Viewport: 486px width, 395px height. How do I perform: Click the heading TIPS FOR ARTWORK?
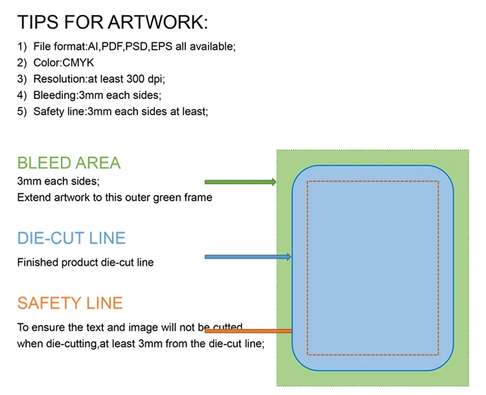point(113,22)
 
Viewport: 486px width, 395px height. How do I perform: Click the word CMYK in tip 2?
point(78,63)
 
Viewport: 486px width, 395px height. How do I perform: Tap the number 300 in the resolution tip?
point(135,79)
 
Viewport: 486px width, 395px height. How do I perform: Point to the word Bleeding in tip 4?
point(55,95)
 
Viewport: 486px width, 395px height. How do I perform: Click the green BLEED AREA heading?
point(69,163)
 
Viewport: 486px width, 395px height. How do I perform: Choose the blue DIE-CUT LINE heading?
point(71,238)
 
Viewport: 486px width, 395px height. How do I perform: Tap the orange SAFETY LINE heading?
point(70,303)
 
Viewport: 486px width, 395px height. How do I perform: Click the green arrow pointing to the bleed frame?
point(240,182)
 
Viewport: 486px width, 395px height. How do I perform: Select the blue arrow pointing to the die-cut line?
point(248,256)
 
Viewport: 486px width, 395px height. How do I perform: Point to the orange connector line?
point(248,331)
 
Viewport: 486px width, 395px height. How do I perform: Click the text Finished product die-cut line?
point(86,262)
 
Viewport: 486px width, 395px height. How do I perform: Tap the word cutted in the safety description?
point(228,327)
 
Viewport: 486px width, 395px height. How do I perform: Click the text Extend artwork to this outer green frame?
point(115,198)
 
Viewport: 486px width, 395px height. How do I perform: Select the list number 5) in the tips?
point(22,111)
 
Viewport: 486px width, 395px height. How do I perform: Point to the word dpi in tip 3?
point(156,79)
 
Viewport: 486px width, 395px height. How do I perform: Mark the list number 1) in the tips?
point(22,47)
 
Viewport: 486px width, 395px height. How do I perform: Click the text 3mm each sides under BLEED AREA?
point(58,181)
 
